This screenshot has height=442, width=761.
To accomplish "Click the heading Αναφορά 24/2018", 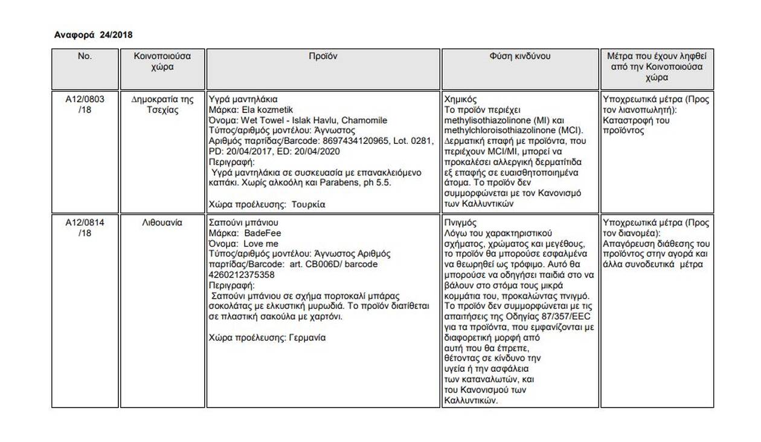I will point(94,35).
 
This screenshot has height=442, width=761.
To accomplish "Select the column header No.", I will point(85,56).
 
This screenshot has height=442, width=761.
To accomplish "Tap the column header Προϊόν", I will point(323,56).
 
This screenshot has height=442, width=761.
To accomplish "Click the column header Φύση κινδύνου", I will point(520,56).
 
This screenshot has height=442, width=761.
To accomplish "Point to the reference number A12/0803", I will point(85,99).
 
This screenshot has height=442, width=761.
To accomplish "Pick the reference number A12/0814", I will point(85,223).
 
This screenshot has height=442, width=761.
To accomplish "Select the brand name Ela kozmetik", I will point(260,109).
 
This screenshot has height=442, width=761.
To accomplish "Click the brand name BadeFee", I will point(263,233).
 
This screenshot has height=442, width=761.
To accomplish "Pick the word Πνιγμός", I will point(460,223).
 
